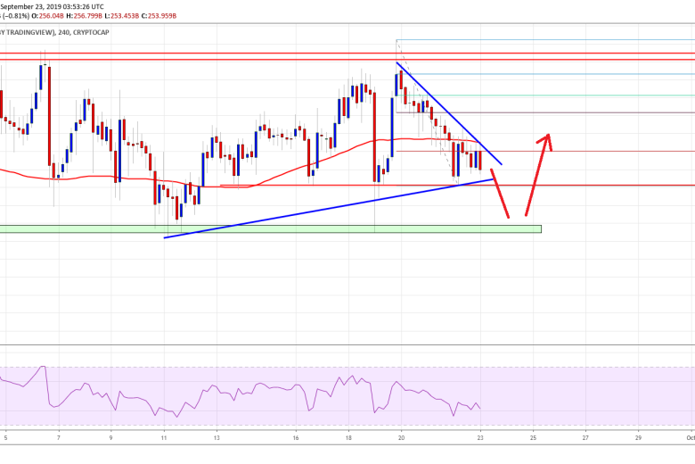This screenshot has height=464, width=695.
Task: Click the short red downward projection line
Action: click(500, 195)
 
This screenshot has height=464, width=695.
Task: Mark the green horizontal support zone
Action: click(267, 229)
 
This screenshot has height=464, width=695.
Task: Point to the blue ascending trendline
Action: click(330, 208)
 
